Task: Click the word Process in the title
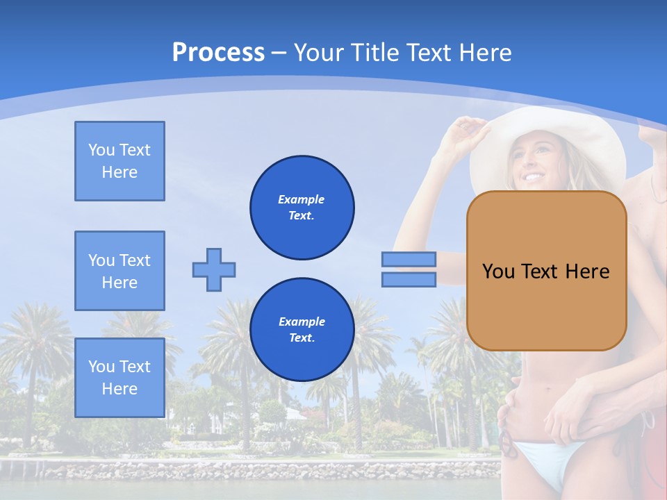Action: tap(218, 53)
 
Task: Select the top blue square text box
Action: tap(120, 161)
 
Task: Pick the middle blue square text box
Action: tap(120, 271)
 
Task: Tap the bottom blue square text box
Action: tap(120, 377)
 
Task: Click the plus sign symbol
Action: tap(214, 269)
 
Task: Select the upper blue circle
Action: tap(302, 208)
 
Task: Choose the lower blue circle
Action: tap(302, 330)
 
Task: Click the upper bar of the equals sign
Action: tap(409, 259)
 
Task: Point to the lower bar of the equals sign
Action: tap(409, 280)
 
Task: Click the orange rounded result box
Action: tap(546, 271)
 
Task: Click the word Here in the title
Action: tap(484, 53)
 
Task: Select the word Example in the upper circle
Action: tap(302, 199)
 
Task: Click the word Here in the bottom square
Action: tap(120, 389)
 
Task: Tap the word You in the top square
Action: tap(101, 150)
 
